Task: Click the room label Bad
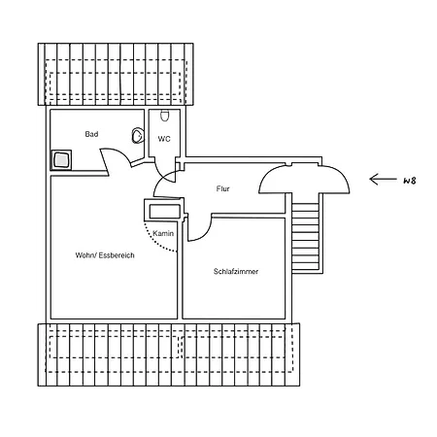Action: click(x=91, y=134)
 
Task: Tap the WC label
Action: click(x=164, y=139)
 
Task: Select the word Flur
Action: click(x=222, y=188)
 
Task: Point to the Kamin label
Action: click(x=163, y=233)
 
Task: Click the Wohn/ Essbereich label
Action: click(x=105, y=255)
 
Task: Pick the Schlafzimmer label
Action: click(x=236, y=272)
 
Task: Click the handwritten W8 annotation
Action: click(x=410, y=181)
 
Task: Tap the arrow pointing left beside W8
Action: click(x=383, y=179)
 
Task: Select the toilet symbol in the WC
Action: click(x=165, y=116)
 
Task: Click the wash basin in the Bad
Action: click(x=138, y=135)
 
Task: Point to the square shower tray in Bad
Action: click(x=61, y=160)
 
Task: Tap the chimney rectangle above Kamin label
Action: click(x=164, y=211)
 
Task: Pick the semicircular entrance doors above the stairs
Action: click(x=304, y=179)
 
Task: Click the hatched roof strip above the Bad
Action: click(x=116, y=74)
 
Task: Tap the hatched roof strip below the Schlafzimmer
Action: click(x=169, y=354)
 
